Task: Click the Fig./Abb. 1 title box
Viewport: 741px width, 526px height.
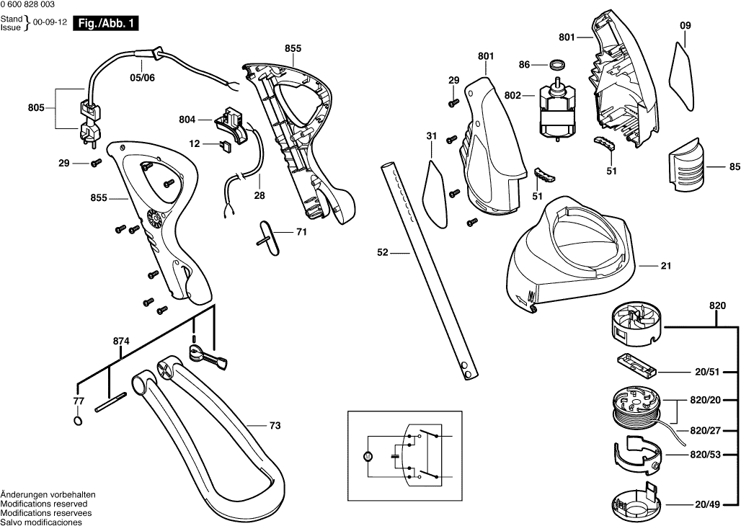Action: pos(105,24)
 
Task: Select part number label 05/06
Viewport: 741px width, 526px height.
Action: pos(142,77)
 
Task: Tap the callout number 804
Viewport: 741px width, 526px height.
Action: pos(187,120)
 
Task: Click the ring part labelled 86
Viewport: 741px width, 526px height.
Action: pos(556,66)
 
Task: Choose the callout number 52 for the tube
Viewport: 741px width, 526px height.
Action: pos(383,253)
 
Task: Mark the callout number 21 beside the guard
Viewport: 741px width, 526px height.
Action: pos(665,266)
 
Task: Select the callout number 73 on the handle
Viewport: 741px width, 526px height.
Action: pos(275,426)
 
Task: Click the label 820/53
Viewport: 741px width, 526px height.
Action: pos(705,455)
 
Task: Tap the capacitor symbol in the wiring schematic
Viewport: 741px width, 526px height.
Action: pos(394,456)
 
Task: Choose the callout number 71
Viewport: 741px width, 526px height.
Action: pos(301,233)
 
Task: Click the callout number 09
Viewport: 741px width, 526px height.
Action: pos(685,25)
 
